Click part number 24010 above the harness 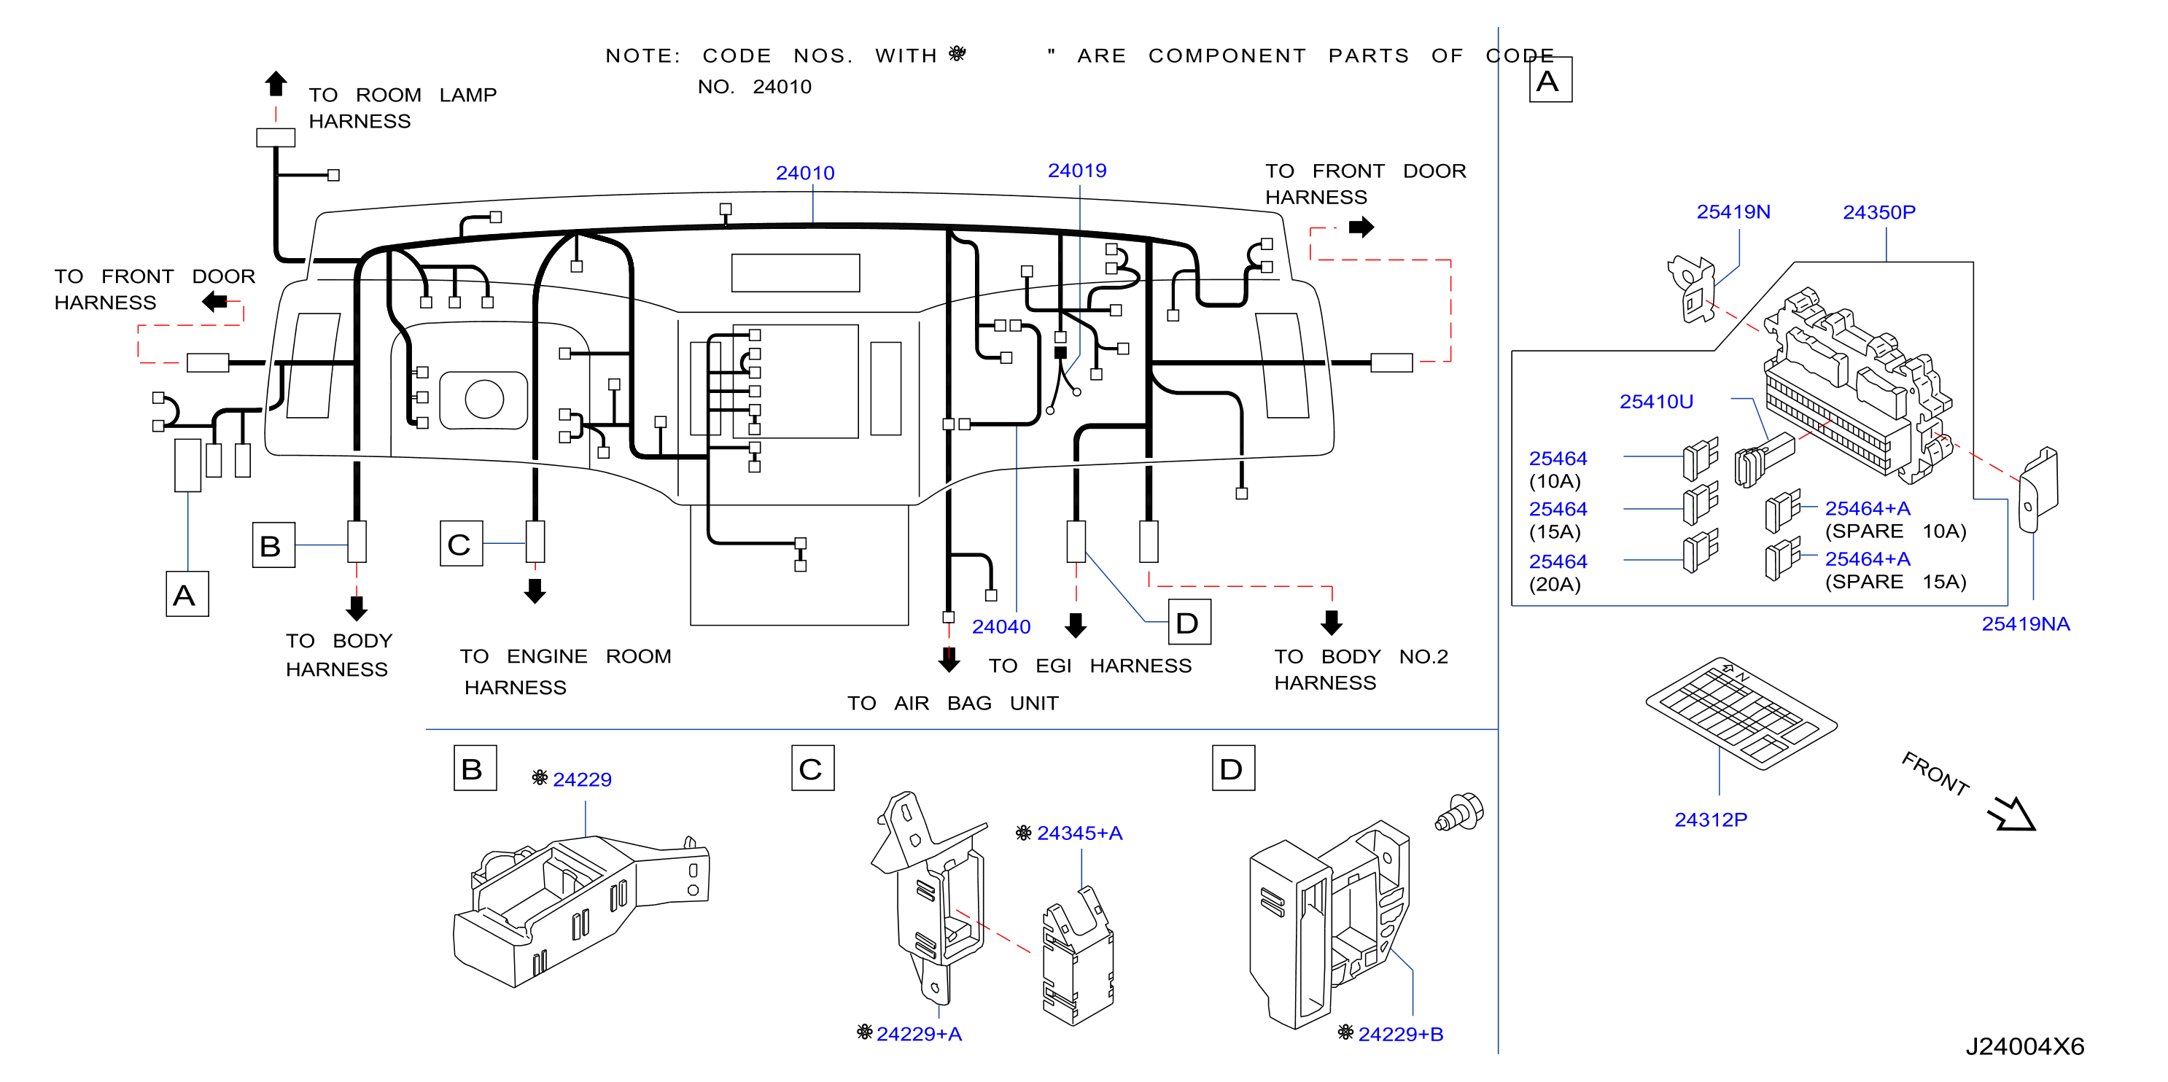coord(804,173)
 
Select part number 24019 coord(1076,170)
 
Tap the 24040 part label coord(1001,626)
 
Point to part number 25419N coord(1733,211)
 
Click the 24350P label coord(1878,212)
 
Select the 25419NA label coord(2025,623)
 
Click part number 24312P coord(1710,819)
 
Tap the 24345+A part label coord(1079,832)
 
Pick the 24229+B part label coord(1400,1033)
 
